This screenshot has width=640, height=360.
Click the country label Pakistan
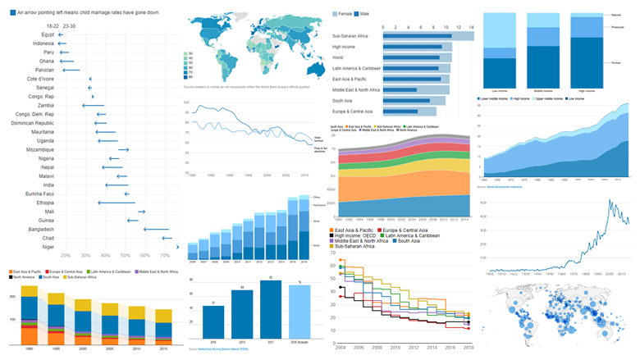[43, 71]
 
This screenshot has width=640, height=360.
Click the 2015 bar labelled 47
[213, 319]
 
